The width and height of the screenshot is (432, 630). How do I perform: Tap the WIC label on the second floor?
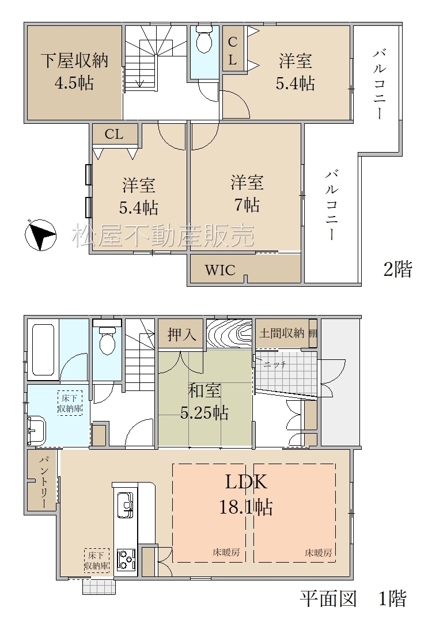[220, 270]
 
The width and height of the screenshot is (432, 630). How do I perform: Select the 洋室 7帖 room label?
[247, 193]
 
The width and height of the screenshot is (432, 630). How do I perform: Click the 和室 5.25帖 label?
[204, 401]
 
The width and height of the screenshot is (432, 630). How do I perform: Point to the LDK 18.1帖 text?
[246, 494]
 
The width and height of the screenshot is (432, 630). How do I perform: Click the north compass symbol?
[40, 235]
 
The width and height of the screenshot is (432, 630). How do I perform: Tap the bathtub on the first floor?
[43, 350]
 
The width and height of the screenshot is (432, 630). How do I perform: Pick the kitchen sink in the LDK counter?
[125, 504]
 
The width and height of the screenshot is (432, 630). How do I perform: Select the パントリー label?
[43, 482]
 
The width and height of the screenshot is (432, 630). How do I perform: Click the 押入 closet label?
[181, 334]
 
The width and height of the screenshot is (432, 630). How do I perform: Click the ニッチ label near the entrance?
[275, 365]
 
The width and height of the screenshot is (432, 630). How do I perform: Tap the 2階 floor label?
[397, 268]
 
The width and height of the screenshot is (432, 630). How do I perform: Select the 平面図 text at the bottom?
[328, 599]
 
